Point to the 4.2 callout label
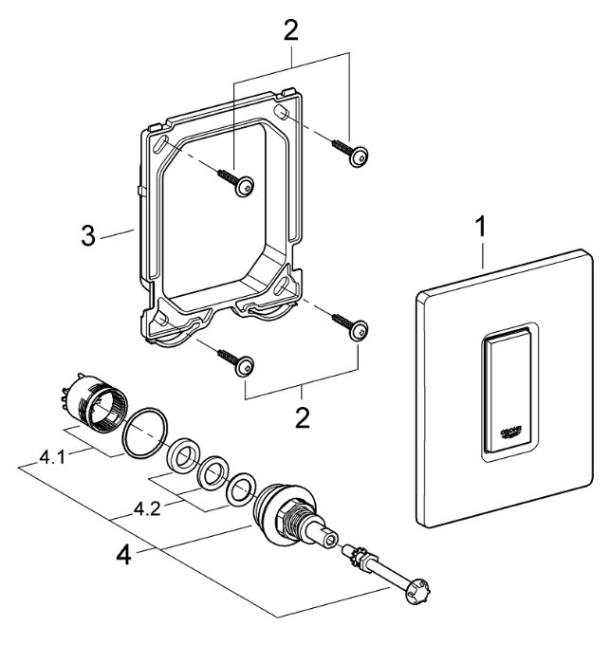[148, 508]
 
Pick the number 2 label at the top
[290, 30]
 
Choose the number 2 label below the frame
[301, 417]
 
